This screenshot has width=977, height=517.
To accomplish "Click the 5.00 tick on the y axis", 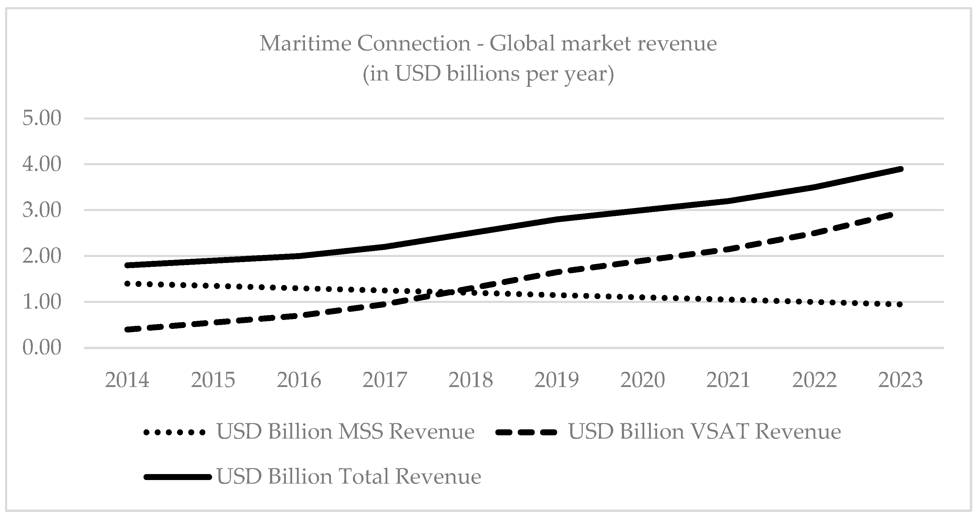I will pos(42,118).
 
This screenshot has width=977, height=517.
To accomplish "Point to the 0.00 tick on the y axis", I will pos(42,348).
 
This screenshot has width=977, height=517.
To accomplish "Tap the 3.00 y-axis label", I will pos(42,210).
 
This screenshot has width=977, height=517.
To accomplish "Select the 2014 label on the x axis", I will pos(127,380).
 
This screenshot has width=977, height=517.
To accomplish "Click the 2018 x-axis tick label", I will pos(471,380).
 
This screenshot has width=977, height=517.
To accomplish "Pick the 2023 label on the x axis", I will pos(900,380).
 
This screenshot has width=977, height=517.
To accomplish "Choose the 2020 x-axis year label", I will pos(642,380).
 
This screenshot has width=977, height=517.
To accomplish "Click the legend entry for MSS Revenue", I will pos(345,432).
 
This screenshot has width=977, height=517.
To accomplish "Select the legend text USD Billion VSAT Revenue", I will pos(704,432).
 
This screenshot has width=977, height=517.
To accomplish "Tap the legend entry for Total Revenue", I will pos(349,476).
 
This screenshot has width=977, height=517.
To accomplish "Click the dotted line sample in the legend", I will pos(175,432).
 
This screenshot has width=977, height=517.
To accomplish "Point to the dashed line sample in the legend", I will pos(526,432).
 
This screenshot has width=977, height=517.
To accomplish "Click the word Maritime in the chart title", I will pos(305,43).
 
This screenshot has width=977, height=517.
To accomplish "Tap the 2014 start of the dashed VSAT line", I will pos(128,329).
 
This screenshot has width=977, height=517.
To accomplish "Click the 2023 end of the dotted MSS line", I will pos(900,304).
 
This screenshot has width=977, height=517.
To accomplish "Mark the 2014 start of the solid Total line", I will pos(128,265).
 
